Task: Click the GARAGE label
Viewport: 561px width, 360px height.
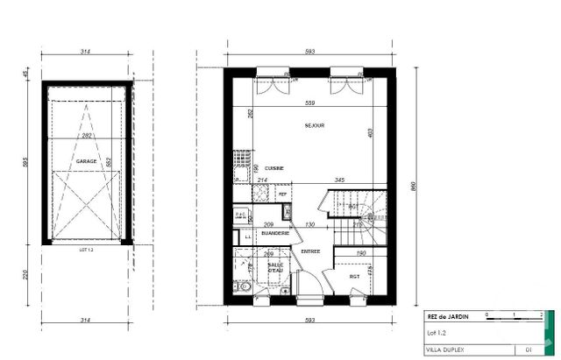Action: coord(86,162)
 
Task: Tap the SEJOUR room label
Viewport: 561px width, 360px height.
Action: coord(315,125)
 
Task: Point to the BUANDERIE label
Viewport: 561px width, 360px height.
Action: coord(274,233)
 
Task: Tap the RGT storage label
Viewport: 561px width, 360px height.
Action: coord(355,278)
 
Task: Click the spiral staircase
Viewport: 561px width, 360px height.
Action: coord(355,215)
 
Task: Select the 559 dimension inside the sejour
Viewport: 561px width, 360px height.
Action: coord(310,103)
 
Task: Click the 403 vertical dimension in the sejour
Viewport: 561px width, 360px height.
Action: coord(372,133)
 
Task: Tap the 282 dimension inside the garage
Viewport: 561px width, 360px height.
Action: coord(87,138)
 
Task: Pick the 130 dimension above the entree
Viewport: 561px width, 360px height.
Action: coord(309,225)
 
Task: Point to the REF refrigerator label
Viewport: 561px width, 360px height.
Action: coord(282,194)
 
